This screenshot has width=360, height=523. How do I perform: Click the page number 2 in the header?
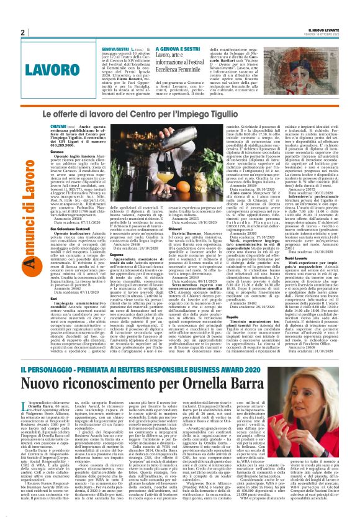tap(22, 32)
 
